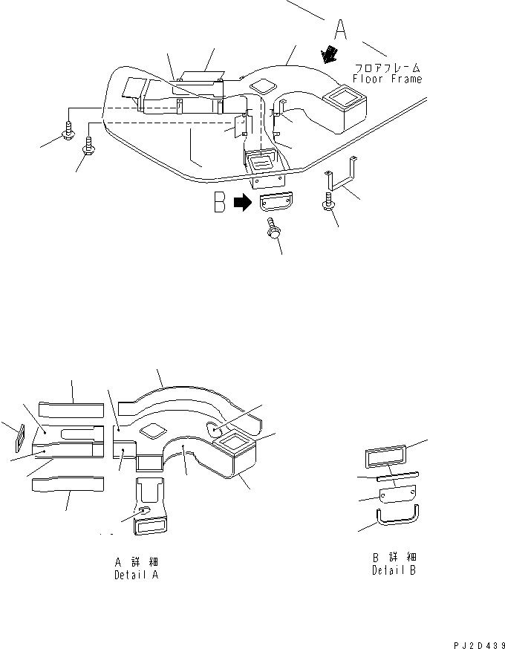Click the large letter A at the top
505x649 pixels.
tap(340, 30)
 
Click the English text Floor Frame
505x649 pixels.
tap(387, 79)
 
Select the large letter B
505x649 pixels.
tap(220, 203)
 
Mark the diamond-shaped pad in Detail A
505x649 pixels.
tap(153, 429)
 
